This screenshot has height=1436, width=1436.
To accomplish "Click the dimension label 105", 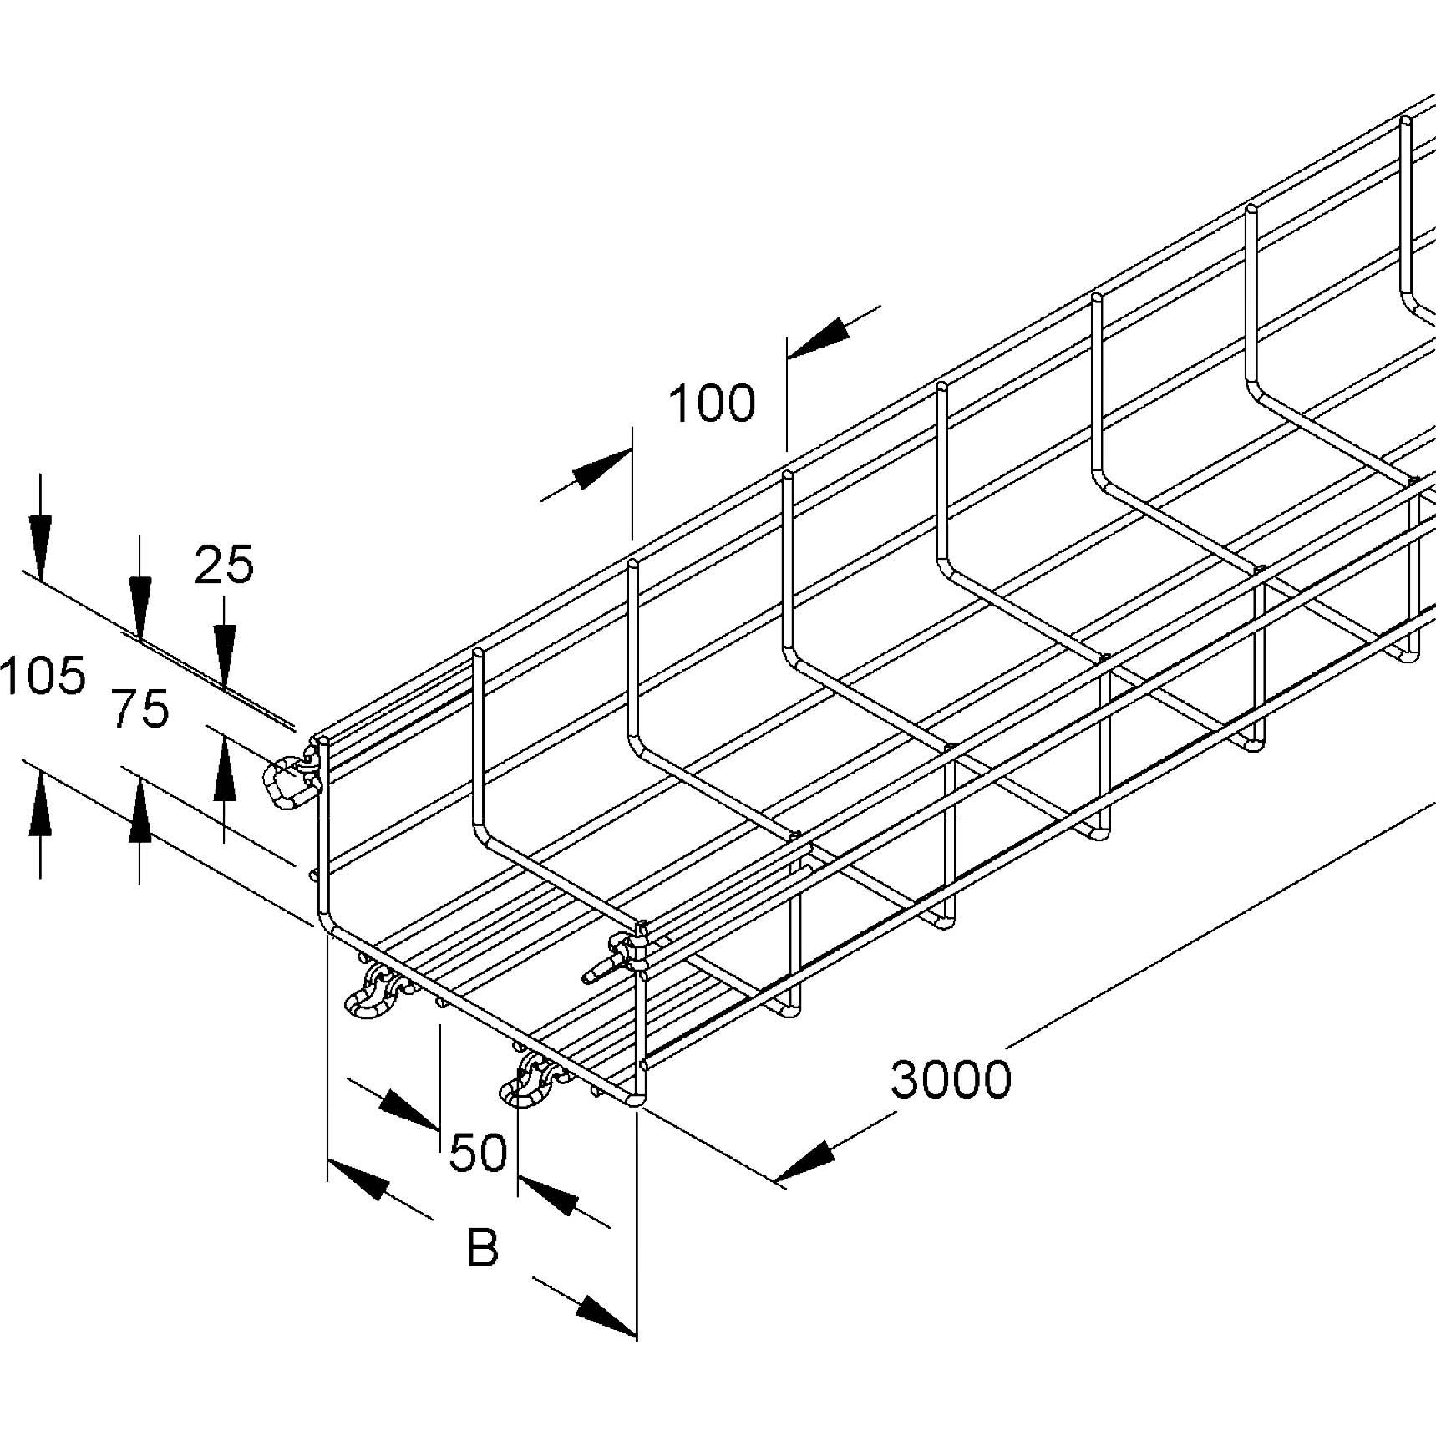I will point(43,676).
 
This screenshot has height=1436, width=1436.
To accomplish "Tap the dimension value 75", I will point(140,710).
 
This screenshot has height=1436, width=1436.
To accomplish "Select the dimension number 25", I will point(224,566).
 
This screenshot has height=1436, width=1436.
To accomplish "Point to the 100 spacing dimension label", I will point(712,403).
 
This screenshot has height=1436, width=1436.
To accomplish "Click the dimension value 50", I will point(478,1153).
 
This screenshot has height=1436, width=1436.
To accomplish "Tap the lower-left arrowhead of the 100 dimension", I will point(600,470).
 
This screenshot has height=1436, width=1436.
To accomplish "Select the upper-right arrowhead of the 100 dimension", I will point(819,337).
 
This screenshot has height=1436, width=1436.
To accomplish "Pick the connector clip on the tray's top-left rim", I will point(289,782).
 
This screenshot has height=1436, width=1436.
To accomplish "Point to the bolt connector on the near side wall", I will point(618,957).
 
